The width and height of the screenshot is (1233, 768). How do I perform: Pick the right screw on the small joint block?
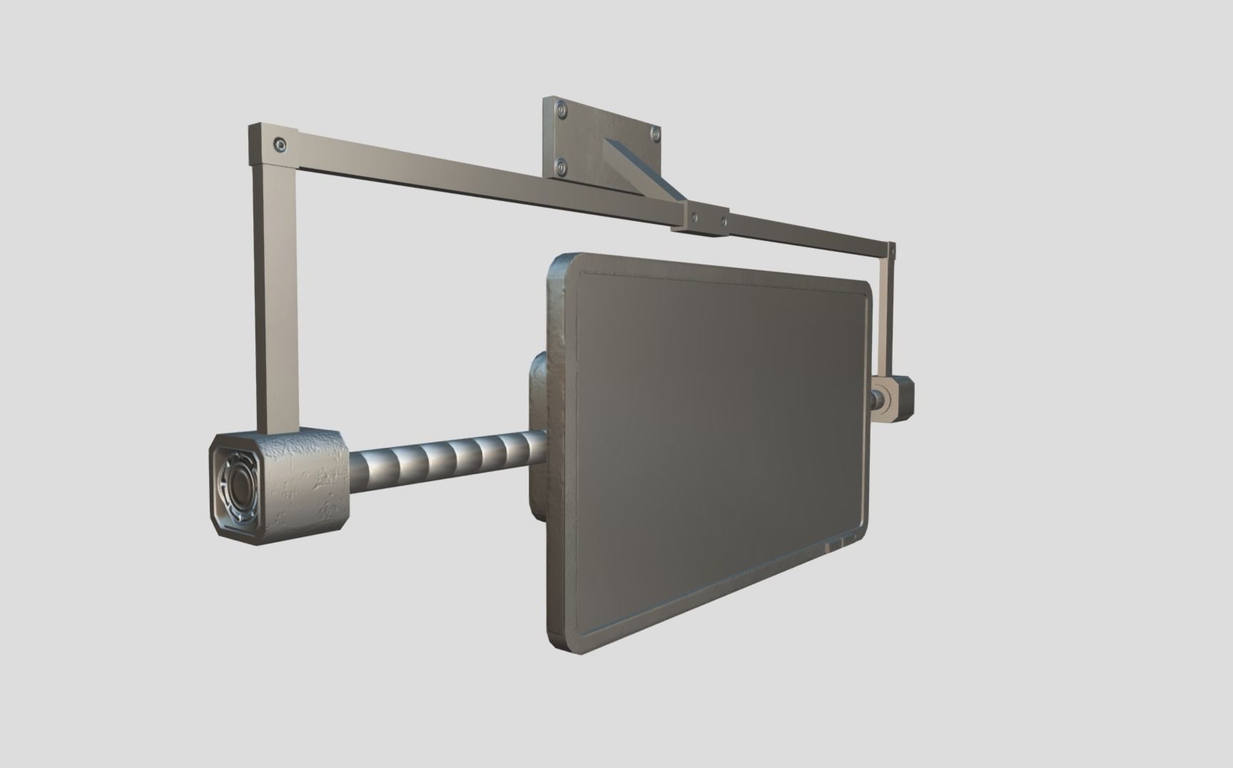click(724, 221)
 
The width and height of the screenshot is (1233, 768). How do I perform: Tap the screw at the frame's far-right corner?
click(891, 249)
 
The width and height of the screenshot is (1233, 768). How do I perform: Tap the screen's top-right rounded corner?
click(865, 288)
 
